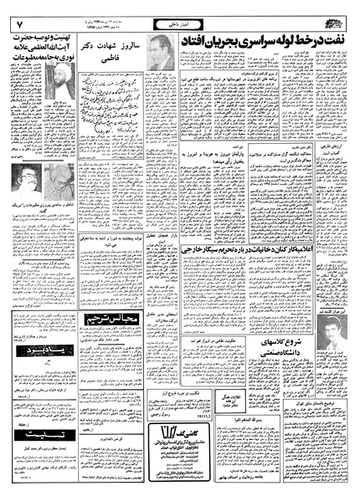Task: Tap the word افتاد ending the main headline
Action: click(208, 40)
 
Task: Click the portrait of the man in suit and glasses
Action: click(162, 53)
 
